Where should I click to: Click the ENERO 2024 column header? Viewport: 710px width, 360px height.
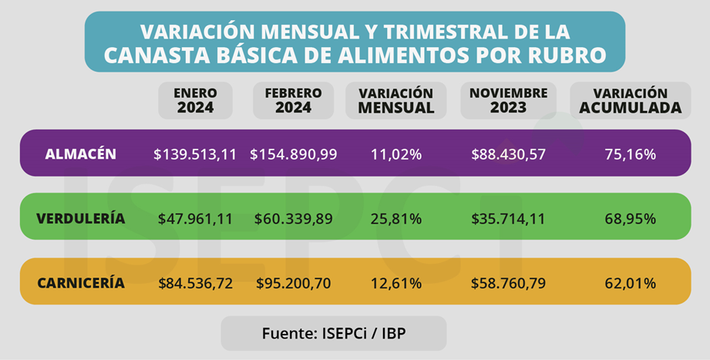point(195,100)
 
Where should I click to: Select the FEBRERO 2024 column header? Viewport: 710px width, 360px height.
point(293,100)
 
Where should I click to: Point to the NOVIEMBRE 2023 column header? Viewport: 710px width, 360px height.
point(508,100)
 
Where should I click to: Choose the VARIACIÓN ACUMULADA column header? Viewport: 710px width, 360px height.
point(630,100)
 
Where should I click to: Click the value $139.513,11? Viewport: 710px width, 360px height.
point(195,154)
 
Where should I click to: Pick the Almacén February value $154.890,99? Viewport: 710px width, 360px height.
point(293,154)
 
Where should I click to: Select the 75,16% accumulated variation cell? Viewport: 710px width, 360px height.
point(630,154)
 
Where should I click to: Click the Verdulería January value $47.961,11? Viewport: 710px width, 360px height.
point(195,219)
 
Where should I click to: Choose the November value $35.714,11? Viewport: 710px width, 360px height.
point(508,219)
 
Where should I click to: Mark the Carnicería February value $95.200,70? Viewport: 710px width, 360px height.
point(293,283)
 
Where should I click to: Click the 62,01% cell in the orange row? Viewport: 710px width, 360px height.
point(630,283)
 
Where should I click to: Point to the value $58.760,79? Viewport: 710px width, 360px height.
point(508,283)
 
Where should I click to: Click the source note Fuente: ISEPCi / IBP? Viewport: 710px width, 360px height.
point(333,333)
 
